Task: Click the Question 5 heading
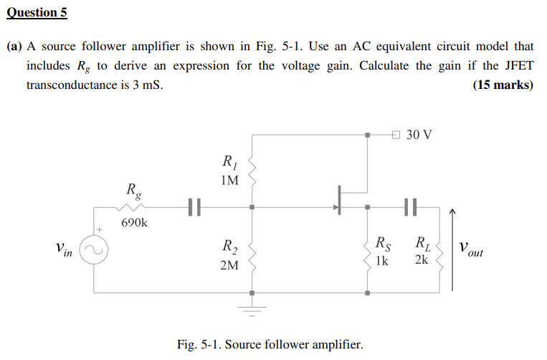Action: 37,12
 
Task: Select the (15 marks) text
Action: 503,85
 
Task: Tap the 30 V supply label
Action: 419,135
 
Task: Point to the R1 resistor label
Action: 229,161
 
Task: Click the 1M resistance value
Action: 229,180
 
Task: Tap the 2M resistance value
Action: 229,266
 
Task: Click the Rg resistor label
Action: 133,191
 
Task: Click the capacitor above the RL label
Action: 410,208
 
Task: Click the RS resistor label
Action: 384,243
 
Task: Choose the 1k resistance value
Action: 381,260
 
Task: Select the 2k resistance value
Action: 421,260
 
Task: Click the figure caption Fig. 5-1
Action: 270,344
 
